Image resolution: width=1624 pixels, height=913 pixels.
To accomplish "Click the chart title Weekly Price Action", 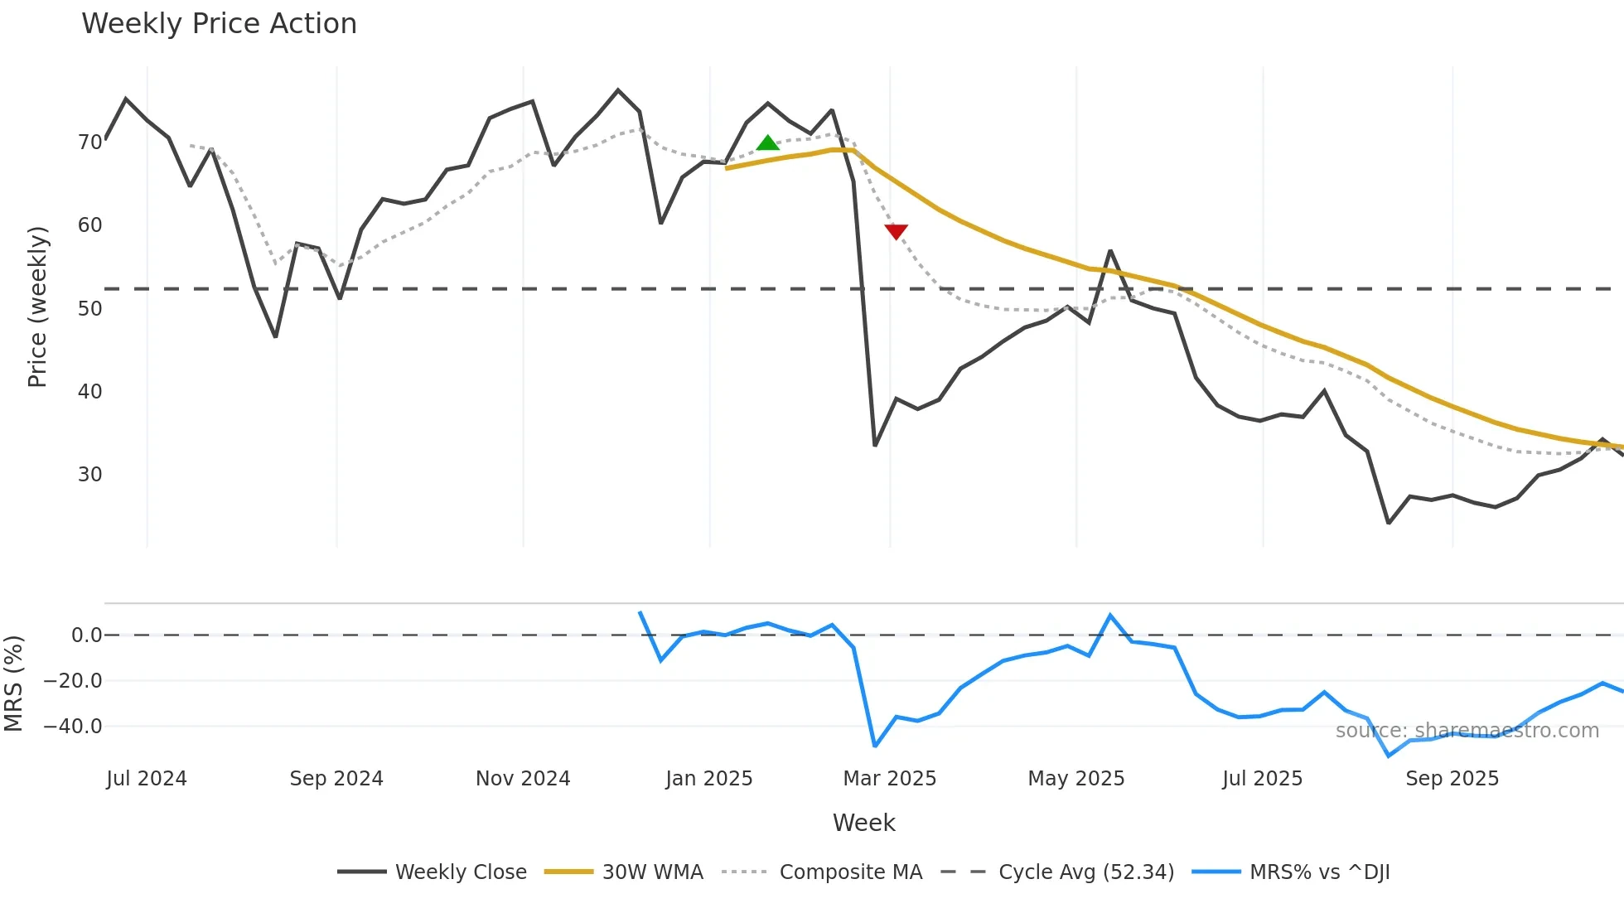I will [219, 24].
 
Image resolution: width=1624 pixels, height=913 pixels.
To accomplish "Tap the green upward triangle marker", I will [767, 143].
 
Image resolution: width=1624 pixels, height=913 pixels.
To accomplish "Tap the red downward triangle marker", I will [896, 231].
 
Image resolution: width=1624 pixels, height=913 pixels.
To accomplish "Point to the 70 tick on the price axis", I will [89, 143].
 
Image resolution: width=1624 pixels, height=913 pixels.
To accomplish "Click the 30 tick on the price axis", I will [89, 475].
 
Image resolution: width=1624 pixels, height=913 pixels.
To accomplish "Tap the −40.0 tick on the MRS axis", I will [72, 727].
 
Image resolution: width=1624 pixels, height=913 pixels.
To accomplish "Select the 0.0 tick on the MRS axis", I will [86, 635].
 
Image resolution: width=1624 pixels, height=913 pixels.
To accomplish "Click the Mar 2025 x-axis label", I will [889, 779].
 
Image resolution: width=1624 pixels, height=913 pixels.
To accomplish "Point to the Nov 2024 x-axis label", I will [523, 779].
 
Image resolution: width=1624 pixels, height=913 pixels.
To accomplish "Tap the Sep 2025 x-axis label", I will [1452, 779].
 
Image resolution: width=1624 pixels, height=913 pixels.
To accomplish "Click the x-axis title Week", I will [863, 823].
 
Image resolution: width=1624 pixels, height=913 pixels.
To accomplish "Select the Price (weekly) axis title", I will [37, 307].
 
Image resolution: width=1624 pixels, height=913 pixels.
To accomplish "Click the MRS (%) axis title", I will [13, 684].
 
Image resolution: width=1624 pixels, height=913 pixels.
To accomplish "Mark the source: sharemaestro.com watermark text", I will [1467, 731].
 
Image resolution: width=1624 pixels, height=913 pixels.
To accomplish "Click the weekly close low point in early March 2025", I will [875, 445].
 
